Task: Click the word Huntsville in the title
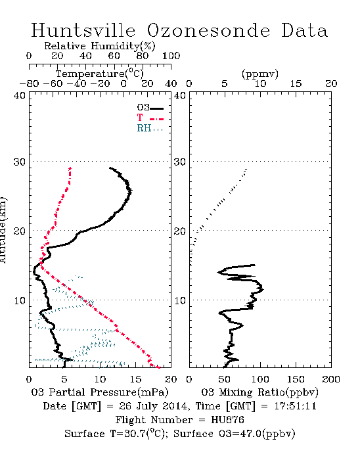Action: click(x=83, y=30)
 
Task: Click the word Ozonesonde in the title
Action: click(x=208, y=30)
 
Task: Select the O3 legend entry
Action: click(x=150, y=108)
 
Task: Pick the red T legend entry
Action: click(x=150, y=118)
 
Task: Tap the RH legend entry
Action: click(x=150, y=128)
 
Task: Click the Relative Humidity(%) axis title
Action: click(x=100, y=46)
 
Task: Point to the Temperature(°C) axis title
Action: click(x=100, y=74)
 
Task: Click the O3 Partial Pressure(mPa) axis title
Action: click(x=100, y=392)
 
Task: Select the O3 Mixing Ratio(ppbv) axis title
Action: click(x=260, y=392)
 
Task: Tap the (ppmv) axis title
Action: click(x=260, y=74)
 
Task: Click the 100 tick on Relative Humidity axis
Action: click(x=171, y=56)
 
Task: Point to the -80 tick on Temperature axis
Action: click(x=29, y=83)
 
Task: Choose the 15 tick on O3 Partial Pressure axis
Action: click(x=135, y=379)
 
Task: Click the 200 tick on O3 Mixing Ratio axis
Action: click(x=331, y=379)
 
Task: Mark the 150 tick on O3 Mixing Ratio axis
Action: click(x=296, y=379)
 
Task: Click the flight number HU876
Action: click(x=227, y=420)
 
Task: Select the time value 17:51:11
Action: click(x=296, y=406)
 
